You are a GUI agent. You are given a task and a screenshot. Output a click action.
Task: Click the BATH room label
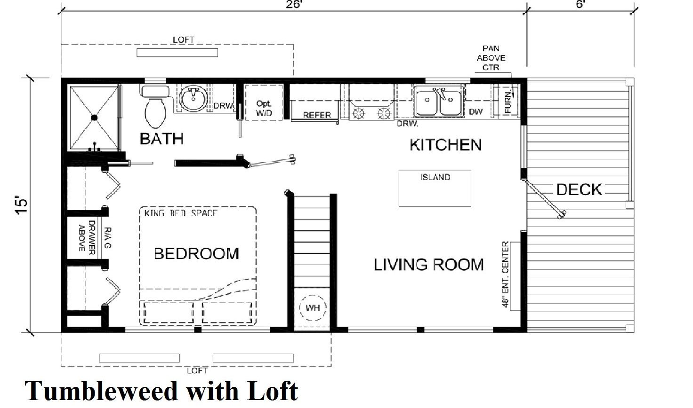click(162, 139)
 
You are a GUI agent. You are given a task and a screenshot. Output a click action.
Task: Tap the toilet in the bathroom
click(155, 107)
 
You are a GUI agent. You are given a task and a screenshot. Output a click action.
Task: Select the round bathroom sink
click(193, 99)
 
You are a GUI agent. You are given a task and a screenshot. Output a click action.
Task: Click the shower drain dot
click(94, 118)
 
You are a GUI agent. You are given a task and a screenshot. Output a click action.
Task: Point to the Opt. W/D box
click(264, 102)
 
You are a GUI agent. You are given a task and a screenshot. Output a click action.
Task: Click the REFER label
click(317, 115)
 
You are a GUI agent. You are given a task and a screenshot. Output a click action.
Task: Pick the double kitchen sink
click(439, 101)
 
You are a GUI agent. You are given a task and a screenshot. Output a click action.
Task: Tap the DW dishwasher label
click(475, 112)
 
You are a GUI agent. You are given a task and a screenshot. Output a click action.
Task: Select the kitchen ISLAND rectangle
click(435, 188)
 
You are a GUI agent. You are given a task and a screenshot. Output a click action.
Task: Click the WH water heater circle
click(313, 307)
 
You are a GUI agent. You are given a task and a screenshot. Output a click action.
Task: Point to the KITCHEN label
click(446, 145)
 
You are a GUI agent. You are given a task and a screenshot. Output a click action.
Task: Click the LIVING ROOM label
click(429, 265)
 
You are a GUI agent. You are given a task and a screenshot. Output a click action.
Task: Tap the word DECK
click(579, 189)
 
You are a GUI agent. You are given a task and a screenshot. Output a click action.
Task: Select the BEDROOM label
click(196, 253)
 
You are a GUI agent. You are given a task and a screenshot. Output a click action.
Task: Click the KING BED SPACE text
click(181, 213)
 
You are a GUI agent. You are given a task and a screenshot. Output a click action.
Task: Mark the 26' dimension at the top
click(293, 5)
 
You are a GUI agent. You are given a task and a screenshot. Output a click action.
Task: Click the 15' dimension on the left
click(22, 205)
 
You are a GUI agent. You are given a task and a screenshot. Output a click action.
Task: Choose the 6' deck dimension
click(580, 4)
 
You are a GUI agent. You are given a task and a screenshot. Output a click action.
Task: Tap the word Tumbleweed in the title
click(101, 391)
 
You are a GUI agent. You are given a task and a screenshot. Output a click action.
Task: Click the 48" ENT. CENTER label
click(505, 275)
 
